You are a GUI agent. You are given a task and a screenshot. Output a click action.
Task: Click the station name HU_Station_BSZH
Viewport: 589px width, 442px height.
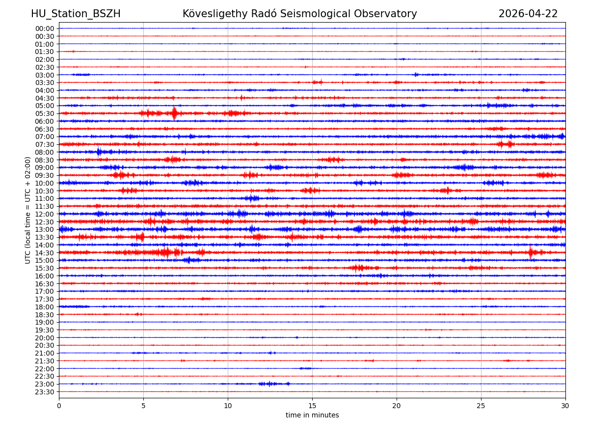coord(76,14)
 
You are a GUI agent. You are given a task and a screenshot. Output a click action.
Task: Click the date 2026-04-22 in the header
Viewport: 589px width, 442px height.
coord(528,14)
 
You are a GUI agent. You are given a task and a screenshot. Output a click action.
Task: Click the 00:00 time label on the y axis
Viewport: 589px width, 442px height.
coord(45,28)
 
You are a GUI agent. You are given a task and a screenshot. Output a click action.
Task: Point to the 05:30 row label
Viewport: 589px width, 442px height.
coord(45,113)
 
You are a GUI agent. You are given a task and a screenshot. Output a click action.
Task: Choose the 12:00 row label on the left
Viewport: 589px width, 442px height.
coord(45,214)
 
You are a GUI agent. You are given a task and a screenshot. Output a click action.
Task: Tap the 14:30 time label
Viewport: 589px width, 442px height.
coord(45,253)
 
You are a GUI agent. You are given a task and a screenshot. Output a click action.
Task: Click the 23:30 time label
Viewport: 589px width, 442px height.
coord(45,392)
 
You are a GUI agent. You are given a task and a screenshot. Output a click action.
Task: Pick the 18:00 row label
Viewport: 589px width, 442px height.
coord(45,307)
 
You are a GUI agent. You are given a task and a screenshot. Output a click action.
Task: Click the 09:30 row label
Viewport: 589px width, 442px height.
coord(45,175)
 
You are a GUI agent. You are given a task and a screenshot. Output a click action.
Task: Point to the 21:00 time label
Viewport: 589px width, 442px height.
coord(45,353)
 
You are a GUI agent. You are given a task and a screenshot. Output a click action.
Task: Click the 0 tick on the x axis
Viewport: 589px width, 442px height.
coord(59,406)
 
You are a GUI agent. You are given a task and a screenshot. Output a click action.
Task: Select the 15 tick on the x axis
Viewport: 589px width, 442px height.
coord(312,406)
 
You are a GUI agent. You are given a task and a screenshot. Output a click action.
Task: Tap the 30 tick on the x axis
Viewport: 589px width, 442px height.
coord(565,406)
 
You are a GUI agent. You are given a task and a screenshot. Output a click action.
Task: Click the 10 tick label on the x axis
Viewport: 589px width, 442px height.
coord(228,406)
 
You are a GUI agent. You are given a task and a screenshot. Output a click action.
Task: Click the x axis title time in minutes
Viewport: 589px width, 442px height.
coord(312,415)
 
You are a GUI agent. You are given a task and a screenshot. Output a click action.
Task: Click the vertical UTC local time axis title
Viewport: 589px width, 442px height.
coord(28,210)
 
